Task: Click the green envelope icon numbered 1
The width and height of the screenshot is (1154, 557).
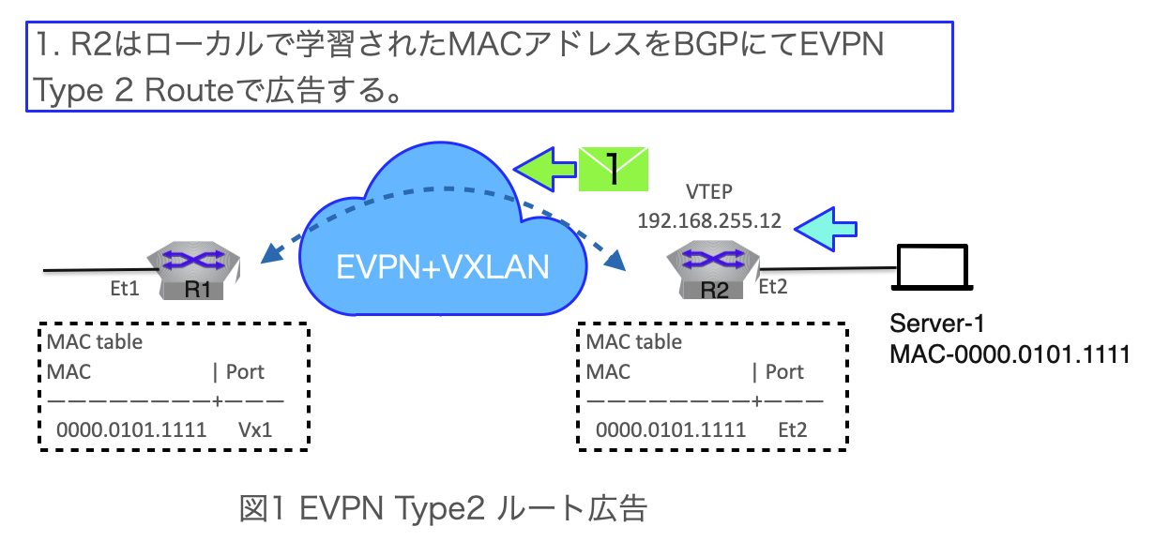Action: pos(615,169)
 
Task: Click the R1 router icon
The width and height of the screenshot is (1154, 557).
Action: pos(195,273)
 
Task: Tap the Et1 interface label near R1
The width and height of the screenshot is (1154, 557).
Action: pos(125,289)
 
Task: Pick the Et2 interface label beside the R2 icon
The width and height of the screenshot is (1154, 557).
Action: pos(772,287)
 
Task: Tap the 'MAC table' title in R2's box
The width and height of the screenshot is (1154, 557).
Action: pos(634,341)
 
